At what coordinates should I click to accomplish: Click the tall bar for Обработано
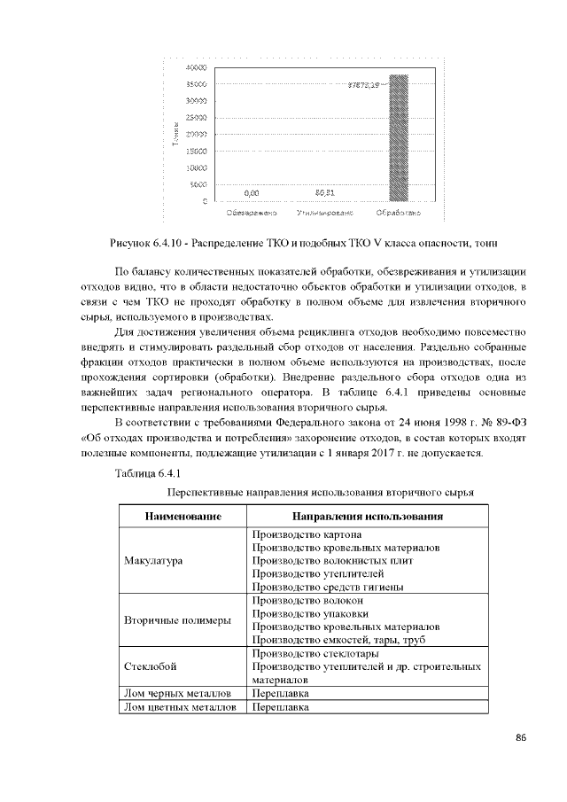400,138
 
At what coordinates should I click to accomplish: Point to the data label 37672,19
363,84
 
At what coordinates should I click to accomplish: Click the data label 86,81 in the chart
325,191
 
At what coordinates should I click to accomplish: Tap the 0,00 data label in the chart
252,192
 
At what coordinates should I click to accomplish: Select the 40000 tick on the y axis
197,67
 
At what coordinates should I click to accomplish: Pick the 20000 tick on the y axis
197,134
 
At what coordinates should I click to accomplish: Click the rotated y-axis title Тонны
177,135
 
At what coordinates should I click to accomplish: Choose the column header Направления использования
367,517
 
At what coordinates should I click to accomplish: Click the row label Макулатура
153,561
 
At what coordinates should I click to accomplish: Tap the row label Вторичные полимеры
177,620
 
